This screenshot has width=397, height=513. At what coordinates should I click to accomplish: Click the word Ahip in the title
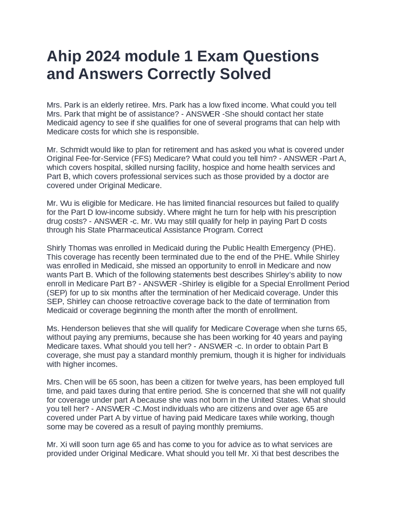(62, 57)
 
